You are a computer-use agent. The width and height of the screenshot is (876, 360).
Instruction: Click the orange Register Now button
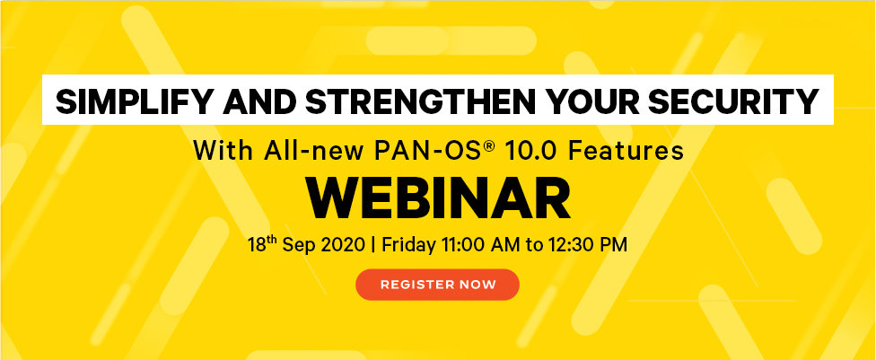437,285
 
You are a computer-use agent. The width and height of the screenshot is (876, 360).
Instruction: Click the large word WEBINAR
438,198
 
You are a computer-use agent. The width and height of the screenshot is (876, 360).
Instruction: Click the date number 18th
262,244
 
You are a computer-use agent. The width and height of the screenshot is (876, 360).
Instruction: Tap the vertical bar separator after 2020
373,245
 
